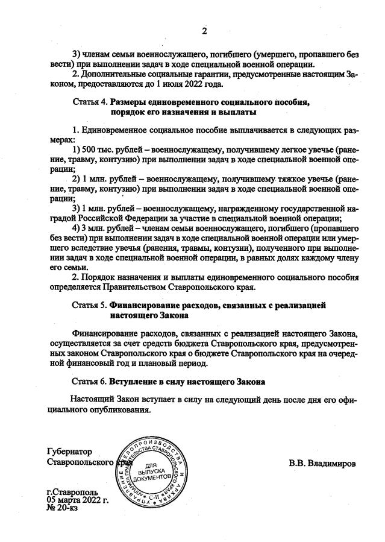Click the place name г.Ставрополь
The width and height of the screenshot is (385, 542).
click(x=73, y=491)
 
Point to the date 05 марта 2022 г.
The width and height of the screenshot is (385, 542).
click(x=77, y=499)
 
